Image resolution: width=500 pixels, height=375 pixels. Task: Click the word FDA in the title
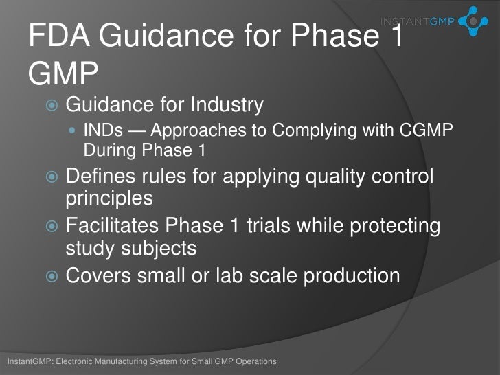coord(60,35)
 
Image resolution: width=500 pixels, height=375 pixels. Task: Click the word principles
coord(109,198)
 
